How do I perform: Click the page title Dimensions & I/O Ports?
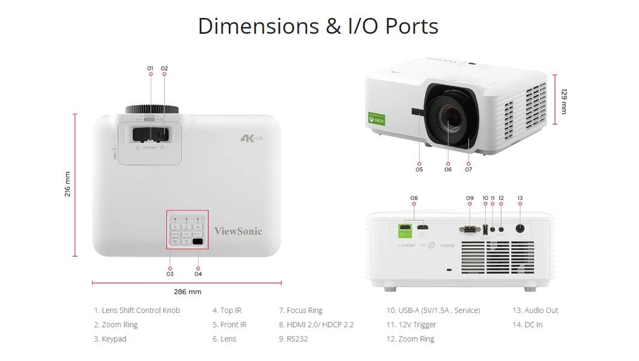point(318,26)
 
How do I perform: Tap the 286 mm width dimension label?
point(187,292)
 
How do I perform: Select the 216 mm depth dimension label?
point(67,184)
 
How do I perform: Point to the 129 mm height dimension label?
point(564,101)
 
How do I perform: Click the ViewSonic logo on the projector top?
point(238,231)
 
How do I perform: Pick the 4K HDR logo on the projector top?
point(252,138)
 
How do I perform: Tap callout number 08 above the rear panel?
point(414,198)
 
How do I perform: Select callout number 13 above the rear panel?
point(520,198)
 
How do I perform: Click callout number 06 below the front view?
point(448,169)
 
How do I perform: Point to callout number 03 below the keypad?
point(170,274)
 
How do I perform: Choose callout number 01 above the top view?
point(150,68)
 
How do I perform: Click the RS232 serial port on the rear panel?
point(468,229)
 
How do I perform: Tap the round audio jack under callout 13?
point(520,228)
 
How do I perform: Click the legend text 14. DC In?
point(527,325)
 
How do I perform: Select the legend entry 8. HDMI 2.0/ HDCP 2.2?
point(316,325)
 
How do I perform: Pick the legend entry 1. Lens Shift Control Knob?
point(137,311)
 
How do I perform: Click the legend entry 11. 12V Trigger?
point(411,325)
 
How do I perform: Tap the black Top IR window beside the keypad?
point(198,241)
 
